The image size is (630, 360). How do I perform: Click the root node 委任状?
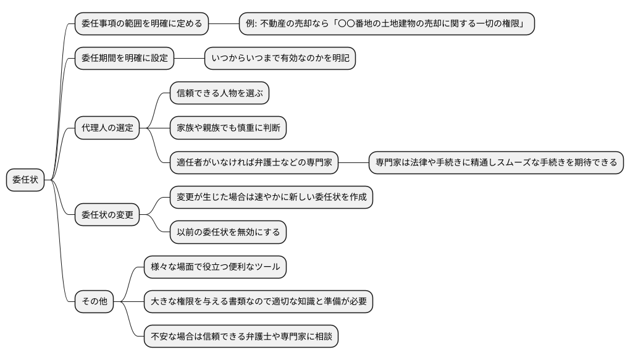[x=25, y=180]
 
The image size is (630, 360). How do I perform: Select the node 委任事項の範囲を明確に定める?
[x=141, y=24]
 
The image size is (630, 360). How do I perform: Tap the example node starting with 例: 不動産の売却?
[x=387, y=24]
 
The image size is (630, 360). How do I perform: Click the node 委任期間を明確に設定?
[x=124, y=59]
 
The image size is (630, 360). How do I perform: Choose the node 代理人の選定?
[x=106, y=128]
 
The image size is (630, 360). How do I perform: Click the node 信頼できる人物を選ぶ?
[x=219, y=94]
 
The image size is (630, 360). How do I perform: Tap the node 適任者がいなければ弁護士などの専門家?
[x=254, y=163]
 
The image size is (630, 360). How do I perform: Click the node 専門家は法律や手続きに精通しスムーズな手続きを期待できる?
[x=496, y=163]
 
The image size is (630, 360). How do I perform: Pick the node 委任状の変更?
[x=106, y=216]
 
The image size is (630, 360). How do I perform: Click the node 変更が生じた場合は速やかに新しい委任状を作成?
[x=271, y=198]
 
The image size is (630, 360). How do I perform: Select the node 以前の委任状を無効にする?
[x=228, y=232]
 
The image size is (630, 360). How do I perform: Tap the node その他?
[x=94, y=302]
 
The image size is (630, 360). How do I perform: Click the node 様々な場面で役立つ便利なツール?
[x=215, y=267]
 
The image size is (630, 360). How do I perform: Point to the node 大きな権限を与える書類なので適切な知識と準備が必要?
[x=258, y=302]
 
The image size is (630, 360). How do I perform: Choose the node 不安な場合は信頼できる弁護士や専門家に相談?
[x=241, y=337]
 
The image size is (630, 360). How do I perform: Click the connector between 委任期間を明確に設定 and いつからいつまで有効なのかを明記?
[x=188, y=59]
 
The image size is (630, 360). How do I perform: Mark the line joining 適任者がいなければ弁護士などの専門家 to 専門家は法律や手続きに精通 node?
[x=353, y=163]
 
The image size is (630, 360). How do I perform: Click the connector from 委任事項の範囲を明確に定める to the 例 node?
[x=224, y=24]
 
